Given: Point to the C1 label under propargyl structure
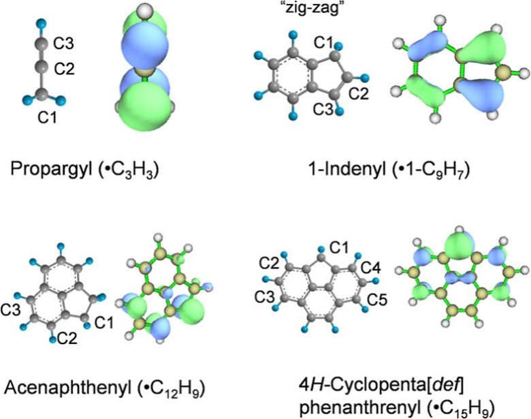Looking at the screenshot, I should [48, 119].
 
